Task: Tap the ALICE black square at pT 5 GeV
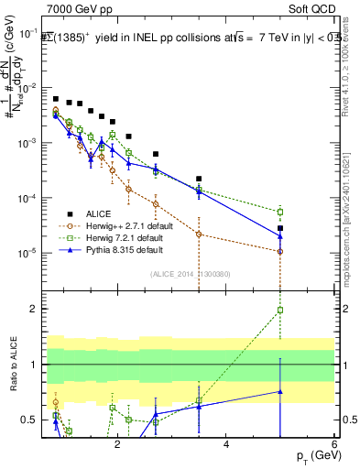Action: (280, 228)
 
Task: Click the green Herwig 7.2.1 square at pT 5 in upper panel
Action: (280, 212)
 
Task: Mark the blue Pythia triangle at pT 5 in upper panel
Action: (280, 235)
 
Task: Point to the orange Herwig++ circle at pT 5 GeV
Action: (280, 251)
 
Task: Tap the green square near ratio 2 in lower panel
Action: (280, 310)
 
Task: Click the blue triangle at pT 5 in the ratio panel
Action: (280, 391)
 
